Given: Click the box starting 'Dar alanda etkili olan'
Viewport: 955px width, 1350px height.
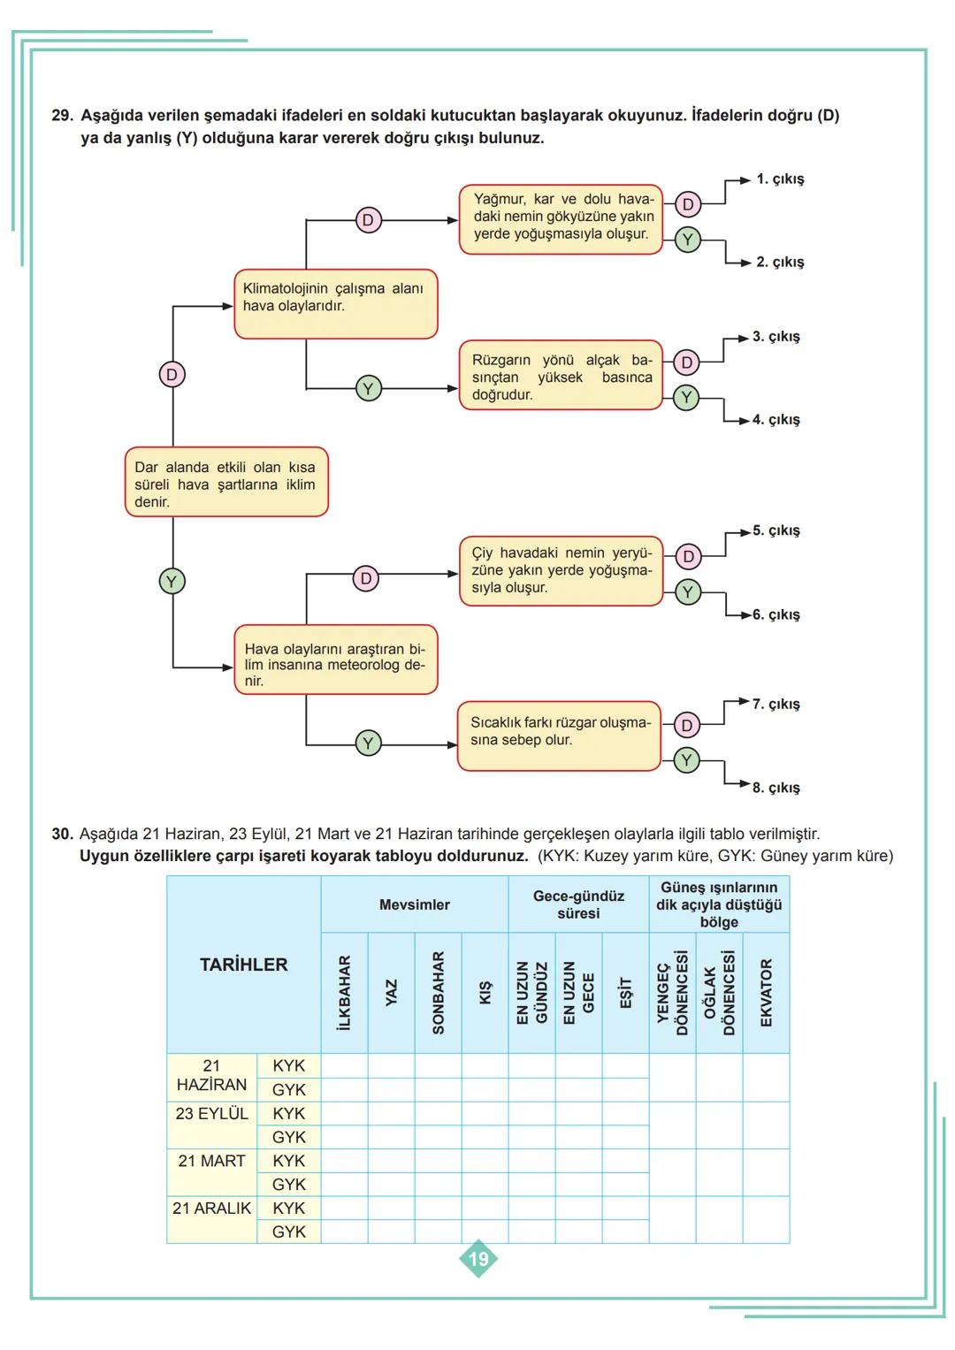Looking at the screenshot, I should [225, 483].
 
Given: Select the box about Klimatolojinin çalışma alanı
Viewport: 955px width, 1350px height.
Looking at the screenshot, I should [335, 303].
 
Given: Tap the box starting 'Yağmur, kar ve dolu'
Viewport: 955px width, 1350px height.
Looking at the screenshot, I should [561, 218].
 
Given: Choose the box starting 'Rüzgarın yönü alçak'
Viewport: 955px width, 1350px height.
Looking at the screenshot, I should [561, 376].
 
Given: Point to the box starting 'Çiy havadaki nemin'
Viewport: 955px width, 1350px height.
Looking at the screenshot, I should [561, 570].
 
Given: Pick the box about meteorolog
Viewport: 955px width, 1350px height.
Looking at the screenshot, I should [335, 660].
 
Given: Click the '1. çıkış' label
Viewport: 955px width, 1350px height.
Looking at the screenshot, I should [779, 179].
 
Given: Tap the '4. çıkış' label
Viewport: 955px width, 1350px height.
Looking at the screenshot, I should [775, 420].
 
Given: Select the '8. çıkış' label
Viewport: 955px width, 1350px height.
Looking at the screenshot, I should [775, 788].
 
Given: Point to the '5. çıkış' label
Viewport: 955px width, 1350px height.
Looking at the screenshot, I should [775, 530].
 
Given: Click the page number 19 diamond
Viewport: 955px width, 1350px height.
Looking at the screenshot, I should [477, 1258].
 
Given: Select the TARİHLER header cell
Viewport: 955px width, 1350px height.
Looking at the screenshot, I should [243, 965].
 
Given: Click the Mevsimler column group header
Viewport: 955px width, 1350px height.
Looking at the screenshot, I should [414, 904].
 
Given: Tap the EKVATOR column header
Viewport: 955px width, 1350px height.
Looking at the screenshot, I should [766, 992].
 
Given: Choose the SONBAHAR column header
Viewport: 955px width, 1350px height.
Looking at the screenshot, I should [438, 992].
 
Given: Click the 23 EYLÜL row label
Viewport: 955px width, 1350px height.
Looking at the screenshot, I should [211, 1114].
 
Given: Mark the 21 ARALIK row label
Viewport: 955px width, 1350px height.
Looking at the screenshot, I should [211, 1209].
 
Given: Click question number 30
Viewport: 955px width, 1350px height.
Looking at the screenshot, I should [61, 834].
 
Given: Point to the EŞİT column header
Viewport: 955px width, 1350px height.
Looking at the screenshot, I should [625, 992].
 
